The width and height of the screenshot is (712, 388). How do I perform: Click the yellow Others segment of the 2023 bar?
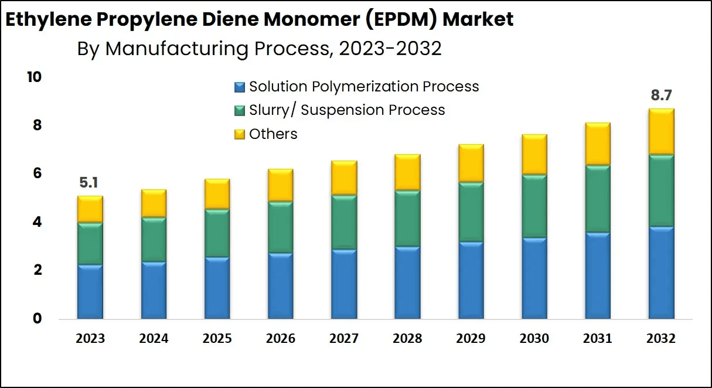click(90, 209)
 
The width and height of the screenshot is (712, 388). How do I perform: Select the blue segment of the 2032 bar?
click(661, 273)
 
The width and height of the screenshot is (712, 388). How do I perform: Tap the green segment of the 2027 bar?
click(344, 222)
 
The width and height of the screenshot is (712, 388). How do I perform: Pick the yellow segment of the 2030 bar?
click(534, 154)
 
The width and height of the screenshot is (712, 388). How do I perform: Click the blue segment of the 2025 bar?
click(217, 288)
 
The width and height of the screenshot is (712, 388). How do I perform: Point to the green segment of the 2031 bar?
click(598, 199)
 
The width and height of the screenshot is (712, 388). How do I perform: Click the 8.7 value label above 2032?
click(662, 96)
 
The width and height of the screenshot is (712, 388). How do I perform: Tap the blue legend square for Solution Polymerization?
click(239, 87)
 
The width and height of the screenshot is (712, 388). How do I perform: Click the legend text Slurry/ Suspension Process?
click(347, 110)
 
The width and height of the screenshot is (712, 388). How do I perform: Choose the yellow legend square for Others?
click(239, 134)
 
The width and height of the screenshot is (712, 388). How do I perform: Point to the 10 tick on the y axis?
click(35, 77)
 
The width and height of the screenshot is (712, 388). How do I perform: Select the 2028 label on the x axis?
click(408, 339)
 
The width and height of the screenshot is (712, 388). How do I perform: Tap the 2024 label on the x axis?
click(154, 339)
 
